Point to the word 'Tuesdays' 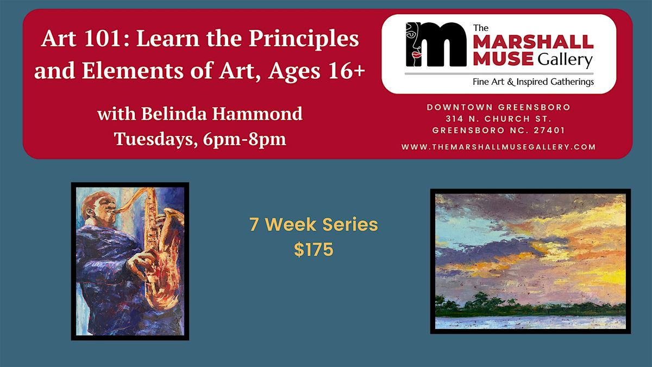(154, 139)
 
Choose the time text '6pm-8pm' (244, 140)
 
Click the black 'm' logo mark (436, 44)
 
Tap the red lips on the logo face (417, 55)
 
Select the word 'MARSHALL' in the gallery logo (533, 42)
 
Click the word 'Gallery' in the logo (565, 60)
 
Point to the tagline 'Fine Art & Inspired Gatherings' (533, 82)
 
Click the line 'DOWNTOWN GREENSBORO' (498, 107)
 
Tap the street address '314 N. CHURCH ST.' (498, 119)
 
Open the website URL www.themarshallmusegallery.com (498, 147)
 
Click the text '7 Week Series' (314, 225)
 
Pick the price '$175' (314, 250)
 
